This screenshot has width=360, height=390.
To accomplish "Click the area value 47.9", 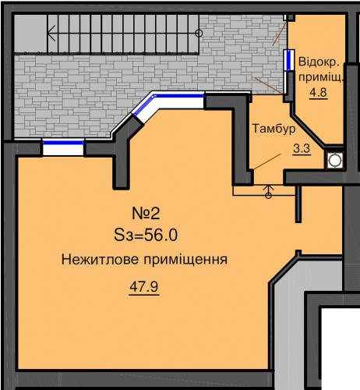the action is (144, 287).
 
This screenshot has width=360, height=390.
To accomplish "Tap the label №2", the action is (146, 214).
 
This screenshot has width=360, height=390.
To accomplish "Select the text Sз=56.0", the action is (146, 236).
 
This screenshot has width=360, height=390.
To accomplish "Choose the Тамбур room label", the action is (274, 129).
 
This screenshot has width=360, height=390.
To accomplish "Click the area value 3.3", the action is (302, 149).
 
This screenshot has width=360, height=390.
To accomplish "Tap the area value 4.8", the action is (319, 92).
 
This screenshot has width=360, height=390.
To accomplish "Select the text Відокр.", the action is (319, 62).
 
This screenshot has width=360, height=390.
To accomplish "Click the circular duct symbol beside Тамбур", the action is (334, 160).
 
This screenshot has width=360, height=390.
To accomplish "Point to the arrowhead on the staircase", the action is (51, 34).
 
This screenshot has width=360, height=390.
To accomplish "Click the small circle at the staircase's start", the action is (199, 34).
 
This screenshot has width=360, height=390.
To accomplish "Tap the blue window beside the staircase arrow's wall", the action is (63, 143).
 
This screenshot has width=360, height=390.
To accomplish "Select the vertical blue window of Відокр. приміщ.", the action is (288, 60).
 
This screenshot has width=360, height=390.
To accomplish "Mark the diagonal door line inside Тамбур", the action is (267, 161).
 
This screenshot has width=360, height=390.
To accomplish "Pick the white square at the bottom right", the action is (341, 349).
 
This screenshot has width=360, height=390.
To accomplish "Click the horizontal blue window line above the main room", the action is (179, 96).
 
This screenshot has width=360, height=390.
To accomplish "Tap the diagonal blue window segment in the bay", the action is (143, 105).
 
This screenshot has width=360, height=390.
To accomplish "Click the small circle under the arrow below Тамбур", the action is (269, 196).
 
